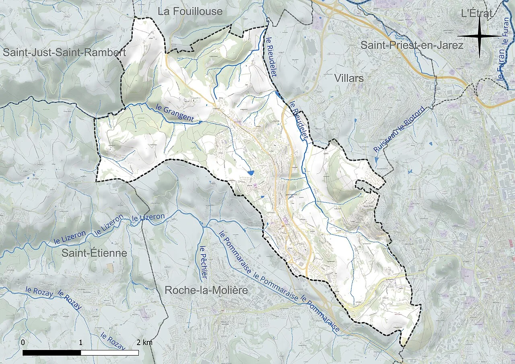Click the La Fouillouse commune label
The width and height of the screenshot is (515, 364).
pyautogui.click(x=190, y=12)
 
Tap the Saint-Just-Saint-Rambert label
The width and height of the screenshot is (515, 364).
pyautogui.click(x=64, y=53)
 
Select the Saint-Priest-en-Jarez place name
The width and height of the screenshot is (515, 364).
pyautogui.click(x=412, y=45)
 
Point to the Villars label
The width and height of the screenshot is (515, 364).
pyautogui.click(x=349, y=78)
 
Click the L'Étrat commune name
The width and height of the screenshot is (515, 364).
pyautogui.click(x=476, y=13)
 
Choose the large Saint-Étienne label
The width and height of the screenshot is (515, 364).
pyautogui.click(x=94, y=253)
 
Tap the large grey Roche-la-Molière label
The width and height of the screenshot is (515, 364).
pyautogui.click(x=206, y=290)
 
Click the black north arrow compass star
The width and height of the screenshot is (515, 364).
pyautogui.click(x=480, y=36)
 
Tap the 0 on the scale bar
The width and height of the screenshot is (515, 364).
pyautogui.click(x=23, y=342)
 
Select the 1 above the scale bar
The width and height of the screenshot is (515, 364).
pyautogui.click(x=81, y=342)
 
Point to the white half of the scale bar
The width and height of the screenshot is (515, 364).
pyautogui.click(x=109, y=353)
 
